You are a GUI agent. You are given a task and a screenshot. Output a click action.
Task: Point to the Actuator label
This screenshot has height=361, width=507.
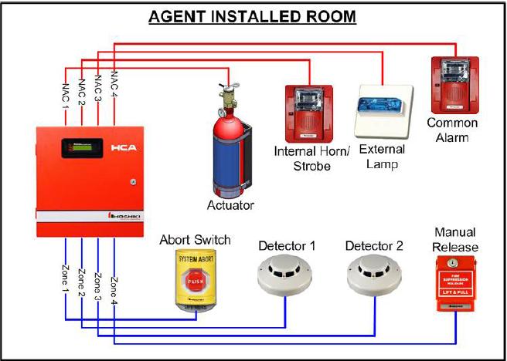pyautogui.click(x=230, y=205)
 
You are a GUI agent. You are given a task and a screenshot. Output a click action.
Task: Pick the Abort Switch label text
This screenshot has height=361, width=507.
pyautogui.click(x=195, y=240)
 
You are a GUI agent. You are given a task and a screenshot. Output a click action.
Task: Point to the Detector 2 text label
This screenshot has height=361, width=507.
pyautogui.click(x=374, y=246)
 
